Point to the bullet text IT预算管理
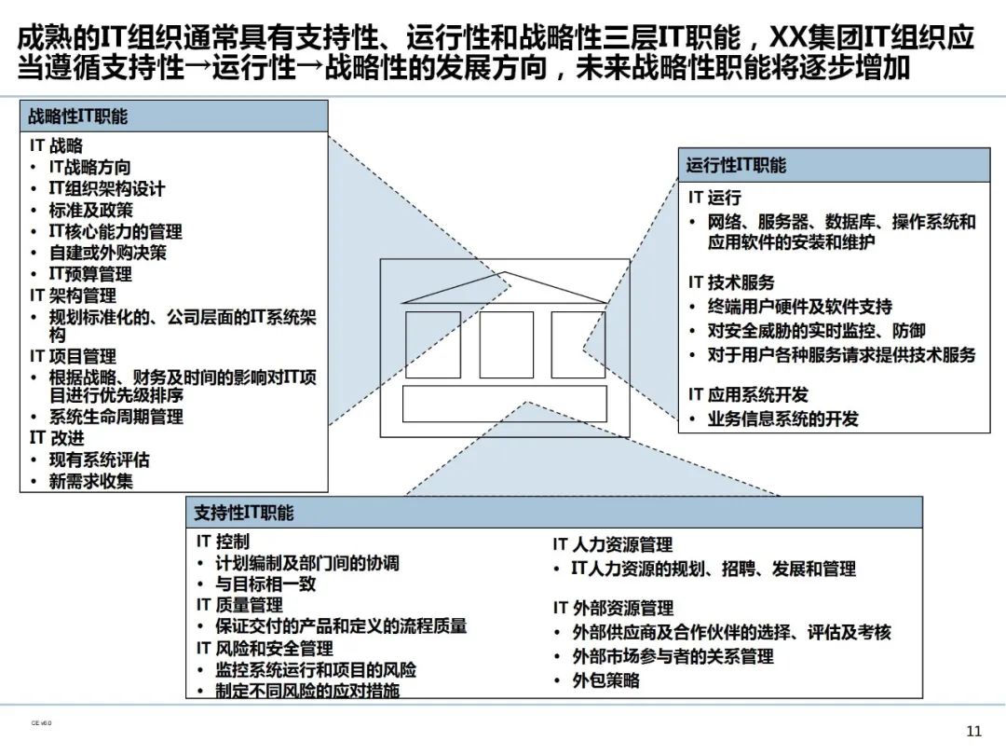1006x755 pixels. (90, 274)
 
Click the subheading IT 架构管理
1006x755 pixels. (73, 295)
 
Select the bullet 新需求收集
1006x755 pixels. (90, 481)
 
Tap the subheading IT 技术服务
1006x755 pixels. (731, 282)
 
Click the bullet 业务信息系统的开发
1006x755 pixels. (782, 419)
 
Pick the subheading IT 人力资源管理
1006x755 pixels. (612, 544)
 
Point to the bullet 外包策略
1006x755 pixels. (605, 680)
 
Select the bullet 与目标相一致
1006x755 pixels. (265, 584)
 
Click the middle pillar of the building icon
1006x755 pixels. (506, 344)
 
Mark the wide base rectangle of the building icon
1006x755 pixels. (504, 404)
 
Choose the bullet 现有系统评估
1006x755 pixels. (99, 460)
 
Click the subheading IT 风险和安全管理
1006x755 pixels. (265, 648)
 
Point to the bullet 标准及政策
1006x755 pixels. (90, 210)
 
